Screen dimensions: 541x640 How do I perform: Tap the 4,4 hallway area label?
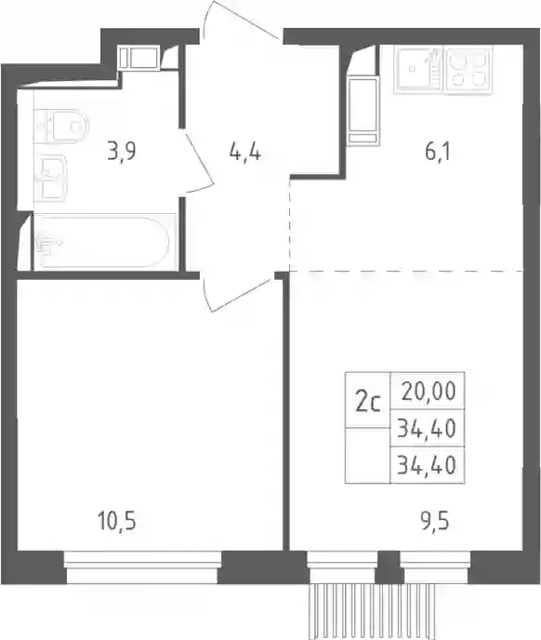point(244,153)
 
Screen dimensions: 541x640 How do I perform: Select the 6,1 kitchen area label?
point(438,152)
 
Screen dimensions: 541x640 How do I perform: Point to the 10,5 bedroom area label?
point(117,521)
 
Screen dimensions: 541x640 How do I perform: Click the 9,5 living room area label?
point(435,521)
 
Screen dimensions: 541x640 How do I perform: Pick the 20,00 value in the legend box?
point(429,392)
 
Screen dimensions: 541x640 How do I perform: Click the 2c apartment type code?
point(368,403)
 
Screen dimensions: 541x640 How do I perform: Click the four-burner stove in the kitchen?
point(468,70)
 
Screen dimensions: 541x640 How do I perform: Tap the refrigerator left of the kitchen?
point(363,111)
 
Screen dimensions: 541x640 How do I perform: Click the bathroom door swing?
point(199,160)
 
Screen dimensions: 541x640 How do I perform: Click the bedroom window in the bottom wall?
point(142,567)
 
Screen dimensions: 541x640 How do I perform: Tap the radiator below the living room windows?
point(371,611)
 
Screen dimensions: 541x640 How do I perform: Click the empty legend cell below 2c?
point(367,455)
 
